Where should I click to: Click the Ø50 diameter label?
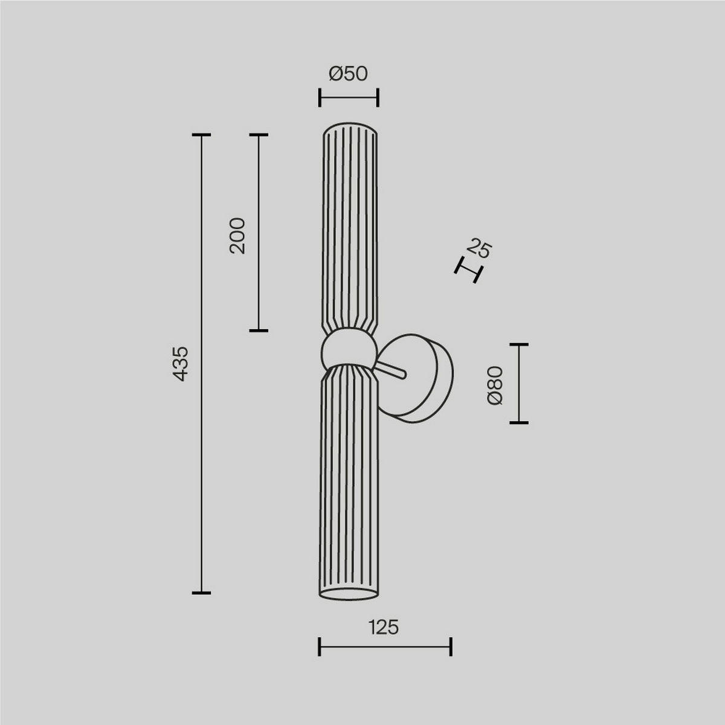[348, 74]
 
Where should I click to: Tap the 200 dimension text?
[238, 235]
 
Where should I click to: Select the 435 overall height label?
[181, 363]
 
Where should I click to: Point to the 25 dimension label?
[480, 248]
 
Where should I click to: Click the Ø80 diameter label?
[495, 385]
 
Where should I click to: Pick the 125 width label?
[384, 628]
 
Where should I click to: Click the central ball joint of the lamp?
[348, 349]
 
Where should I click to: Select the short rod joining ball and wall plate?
[391, 370]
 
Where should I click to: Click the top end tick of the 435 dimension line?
[201, 135]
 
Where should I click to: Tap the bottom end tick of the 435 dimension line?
[201, 592]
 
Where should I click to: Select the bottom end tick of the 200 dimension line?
[259, 330]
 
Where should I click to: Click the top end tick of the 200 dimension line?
[259, 135]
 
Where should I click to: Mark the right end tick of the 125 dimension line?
[451, 647]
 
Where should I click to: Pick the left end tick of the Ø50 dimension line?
[320, 97]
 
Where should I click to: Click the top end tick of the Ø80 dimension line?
[519, 344]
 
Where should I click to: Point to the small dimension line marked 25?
[469, 269]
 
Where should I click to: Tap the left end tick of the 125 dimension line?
[319, 647]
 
